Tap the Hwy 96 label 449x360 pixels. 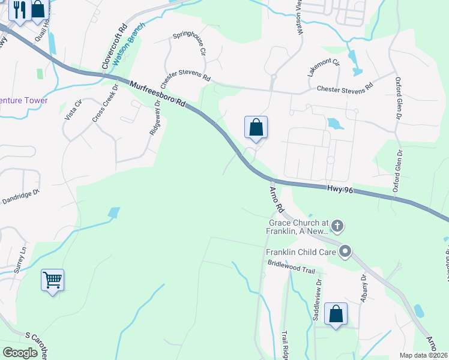click(339, 188)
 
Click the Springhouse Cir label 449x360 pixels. click(190, 44)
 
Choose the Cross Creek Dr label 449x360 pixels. click(103, 107)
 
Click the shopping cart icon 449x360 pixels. click(52, 280)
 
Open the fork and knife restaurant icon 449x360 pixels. click(19, 10)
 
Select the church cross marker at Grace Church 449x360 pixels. click(337, 226)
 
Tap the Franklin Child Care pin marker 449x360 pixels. click(345, 251)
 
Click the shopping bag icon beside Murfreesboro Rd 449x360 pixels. click(256, 127)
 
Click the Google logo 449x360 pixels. click(20, 353)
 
